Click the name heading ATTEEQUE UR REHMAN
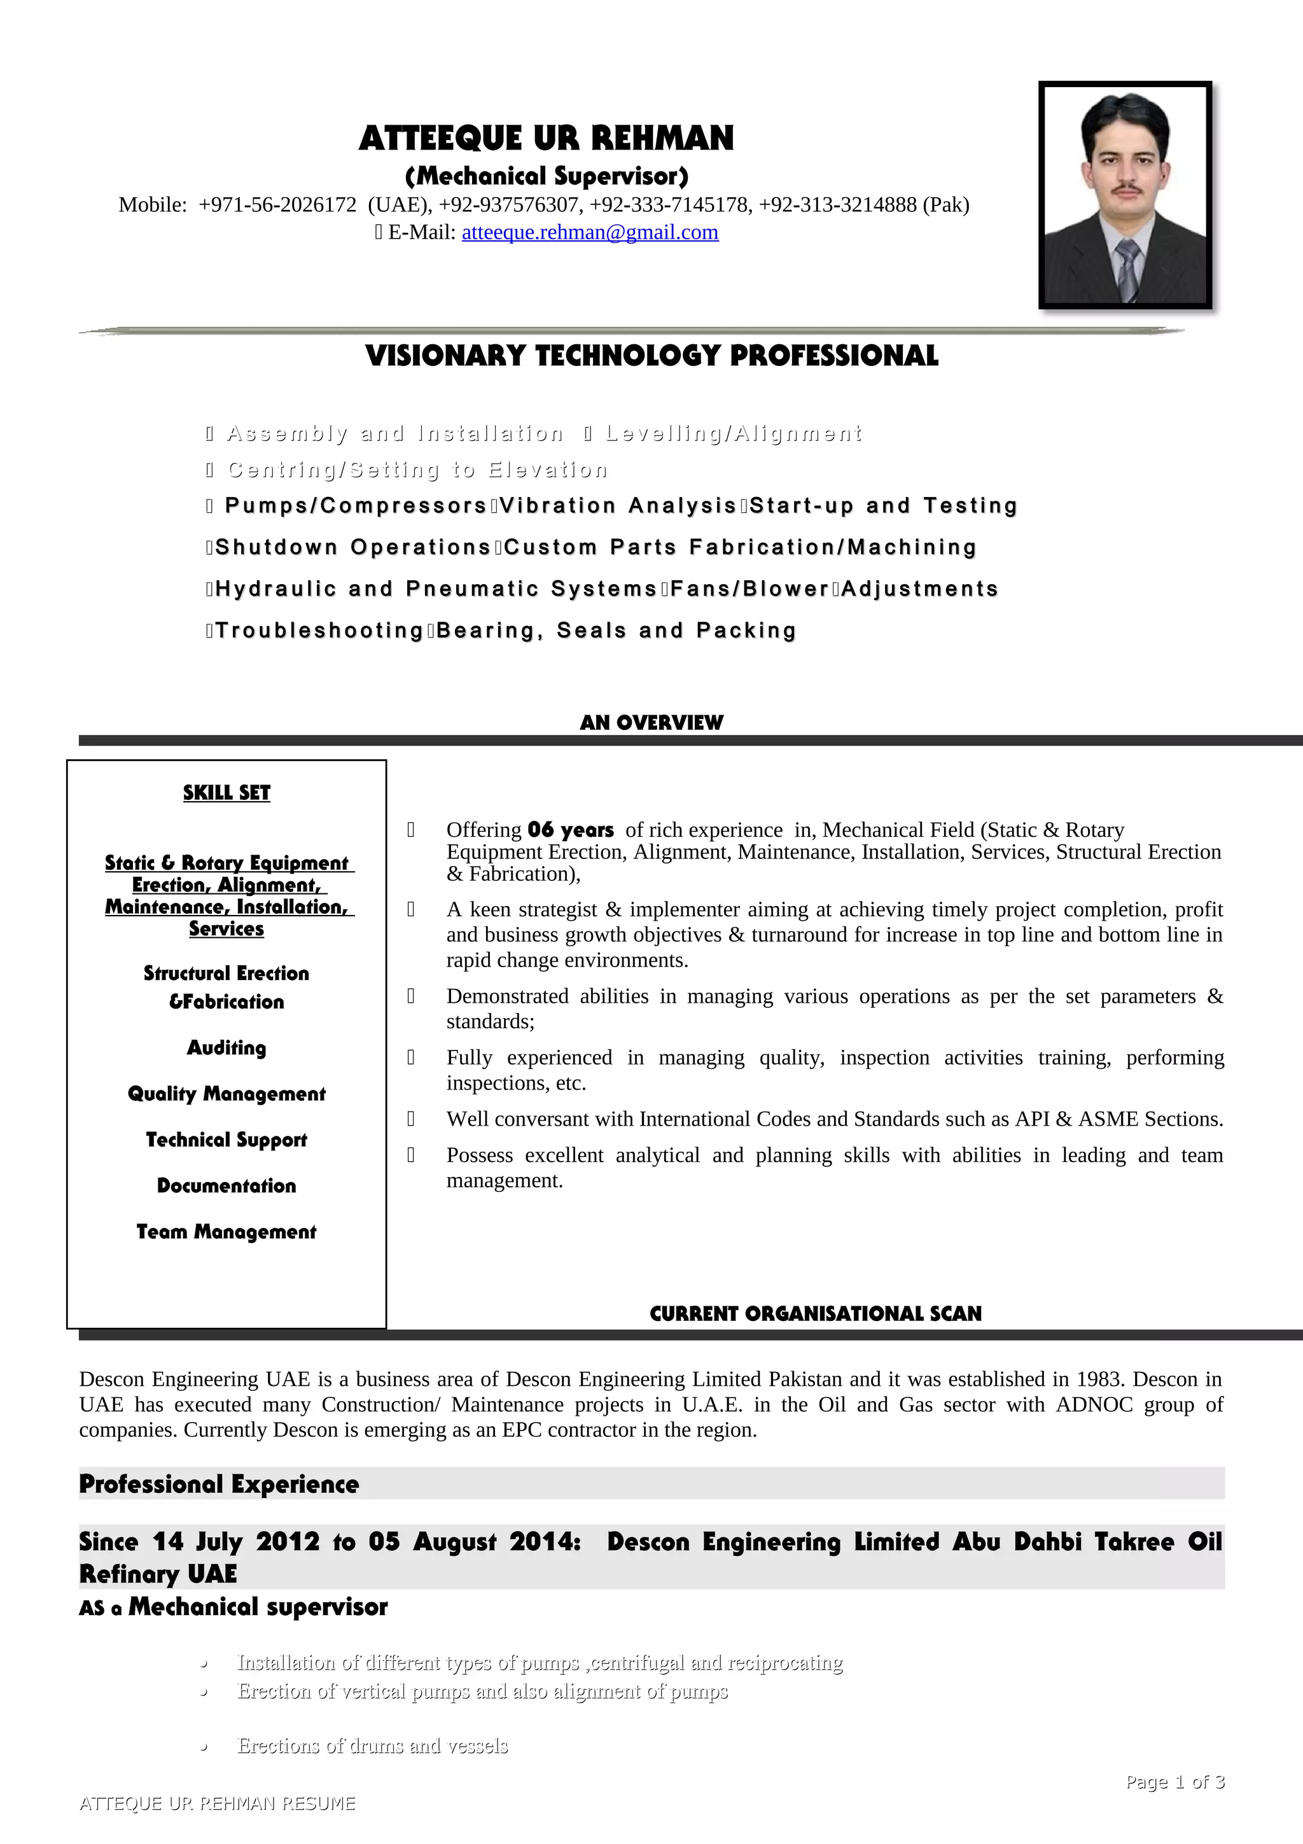pyautogui.click(x=546, y=138)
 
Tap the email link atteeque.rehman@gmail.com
pyautogui.click(x=589, y=232)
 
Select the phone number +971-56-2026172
pyautogui.click(x=277, y=205)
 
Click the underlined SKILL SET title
pyautogui.click(x=226, y=793)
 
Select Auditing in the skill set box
pyautogui.click(x=226, y=1047)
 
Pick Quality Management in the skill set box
pyautogui.click(x=226, y=1094)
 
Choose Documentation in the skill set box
pyautogui.click(x=226, y=1185)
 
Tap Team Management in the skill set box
pyautogui.click(x=226, y=1231)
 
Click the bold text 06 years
pyautogui.click(x=571, y=830)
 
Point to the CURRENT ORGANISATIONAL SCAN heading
pyautogui.click(x=816, y=1313)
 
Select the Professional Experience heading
pyautogui.click(x=219, y=1484)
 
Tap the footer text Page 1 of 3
pyautogui.click(x=1174, y=1782)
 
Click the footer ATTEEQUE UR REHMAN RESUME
pyautogui.click(x=218, y=1803)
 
